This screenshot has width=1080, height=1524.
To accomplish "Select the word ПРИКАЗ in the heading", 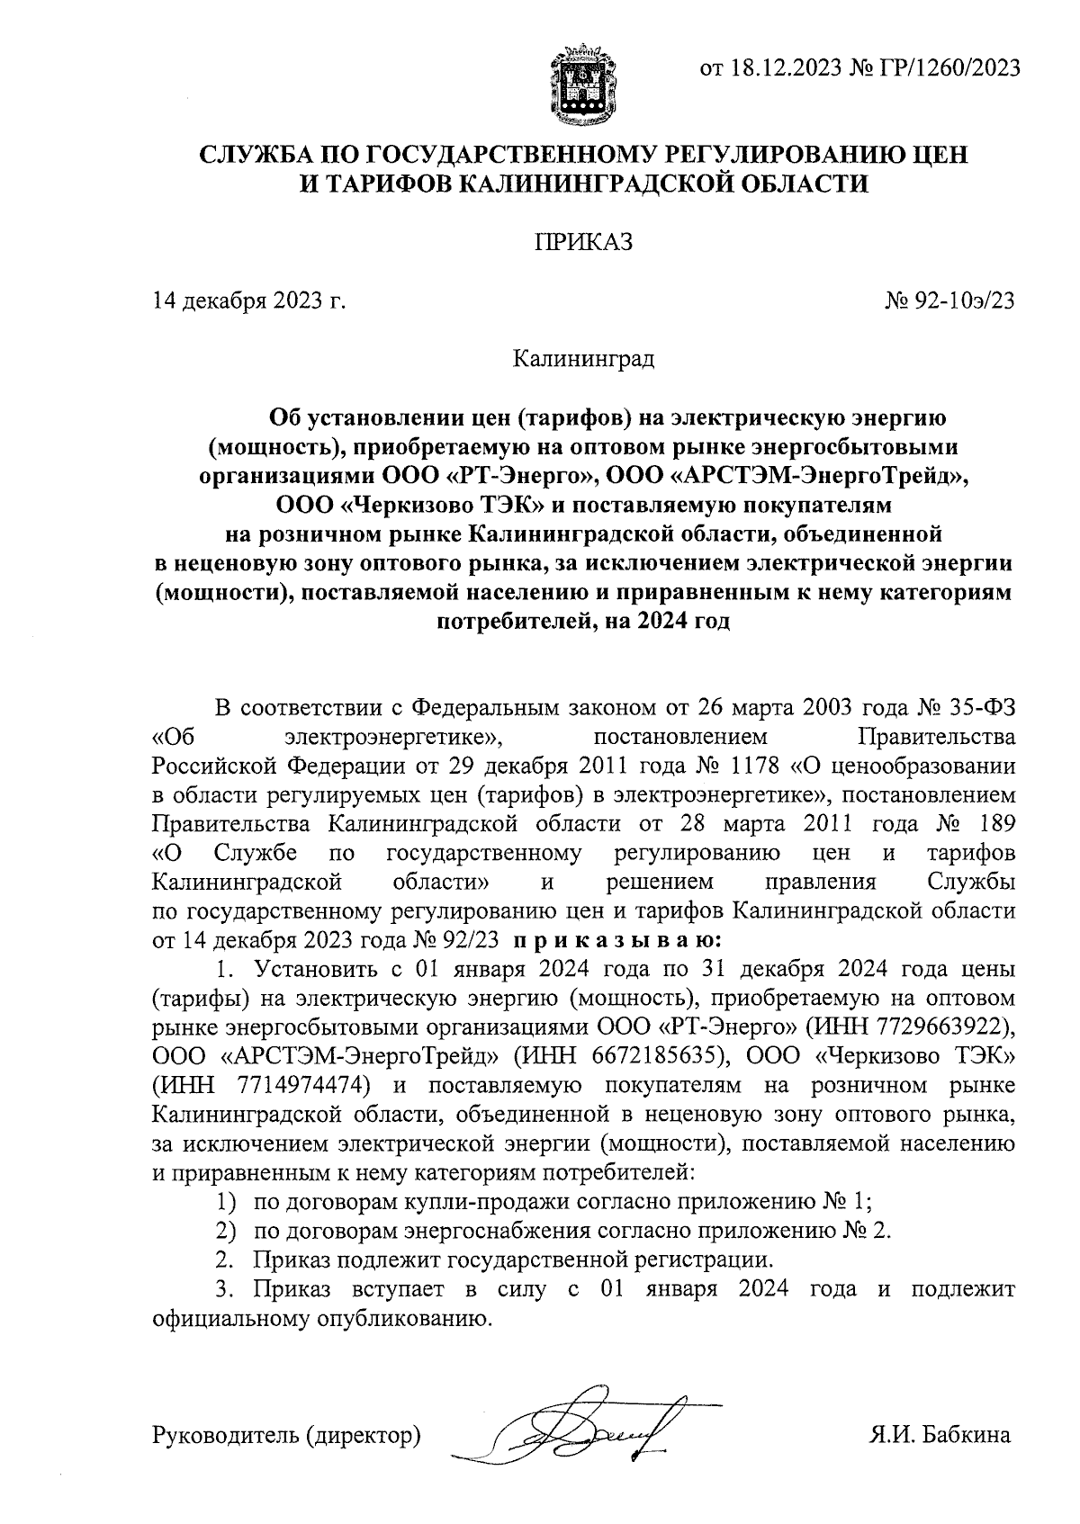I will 583,242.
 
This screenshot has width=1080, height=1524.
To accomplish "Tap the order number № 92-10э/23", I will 950,300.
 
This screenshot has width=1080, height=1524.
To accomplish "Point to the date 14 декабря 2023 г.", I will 250,300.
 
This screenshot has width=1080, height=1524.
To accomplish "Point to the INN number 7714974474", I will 301,1084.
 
